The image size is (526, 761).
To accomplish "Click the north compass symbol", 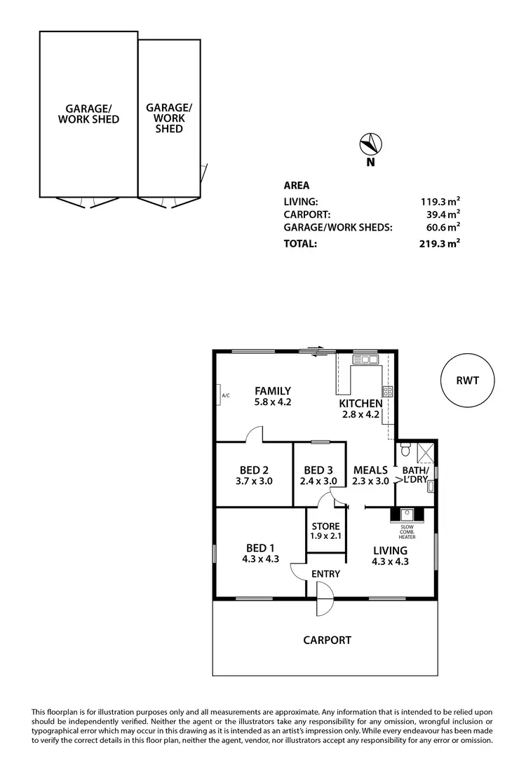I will (x=370, y=145).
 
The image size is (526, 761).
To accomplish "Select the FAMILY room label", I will (x=273, y=391).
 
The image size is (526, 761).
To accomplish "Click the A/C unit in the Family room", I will (x=220, y=395).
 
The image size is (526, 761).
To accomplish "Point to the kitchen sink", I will (x=365, y=359).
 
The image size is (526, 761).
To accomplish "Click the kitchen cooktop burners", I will (x=386, y=392).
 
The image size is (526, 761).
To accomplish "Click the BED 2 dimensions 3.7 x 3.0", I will (x=254, y=481).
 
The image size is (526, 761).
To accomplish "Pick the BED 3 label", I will (x=319, y=470).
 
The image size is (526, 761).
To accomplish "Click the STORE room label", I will (x=325, y=526).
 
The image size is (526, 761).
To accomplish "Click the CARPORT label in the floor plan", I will (x=327, y=640).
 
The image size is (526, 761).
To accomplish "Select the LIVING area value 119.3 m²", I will (x=440, y=201).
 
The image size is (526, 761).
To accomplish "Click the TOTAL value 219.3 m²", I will (x=439, y=244).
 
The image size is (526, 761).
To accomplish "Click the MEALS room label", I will (x=370, y=470).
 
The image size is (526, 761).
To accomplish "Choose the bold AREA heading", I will (x=296, y=186).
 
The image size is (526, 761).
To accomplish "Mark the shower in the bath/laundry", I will (x=425, y=451).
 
